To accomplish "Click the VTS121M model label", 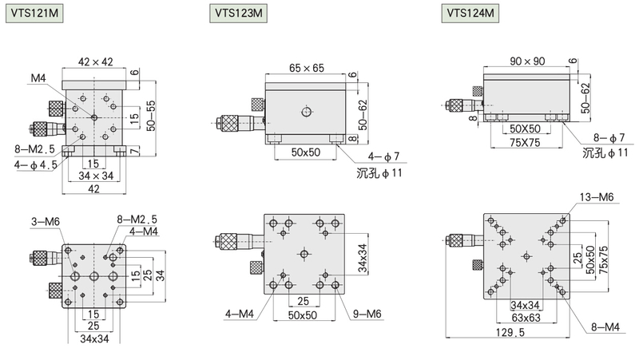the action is (x=34, y=13).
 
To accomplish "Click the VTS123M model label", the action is (x=238, y=13).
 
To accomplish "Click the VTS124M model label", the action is (x=470, y=13).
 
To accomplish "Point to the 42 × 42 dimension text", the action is (x=95, y=62).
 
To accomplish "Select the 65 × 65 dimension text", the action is (x=307, y=68).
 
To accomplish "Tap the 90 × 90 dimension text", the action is (x=527, y=61).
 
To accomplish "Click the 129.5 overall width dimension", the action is (x=510, y=333).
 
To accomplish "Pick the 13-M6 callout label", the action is (x=597, y=197).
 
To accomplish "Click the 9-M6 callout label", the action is (x=367, y=314).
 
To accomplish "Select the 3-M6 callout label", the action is (x=46, y=222).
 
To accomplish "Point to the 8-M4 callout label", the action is (x=605, y=326).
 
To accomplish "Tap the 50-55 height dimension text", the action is (x=151, y=116).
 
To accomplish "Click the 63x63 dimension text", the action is (x=526, y=317).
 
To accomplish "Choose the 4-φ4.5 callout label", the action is (x=35, y=165).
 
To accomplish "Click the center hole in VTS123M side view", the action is (x=307, y=111).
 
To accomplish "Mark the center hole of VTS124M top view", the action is (x=527, y=256).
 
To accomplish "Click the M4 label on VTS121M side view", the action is (x=38, y=78).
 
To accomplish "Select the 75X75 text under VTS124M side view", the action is (x=525, y=143).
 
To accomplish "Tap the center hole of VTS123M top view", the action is (x=304, y=254).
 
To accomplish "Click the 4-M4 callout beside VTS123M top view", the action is (x=240, y=314).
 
